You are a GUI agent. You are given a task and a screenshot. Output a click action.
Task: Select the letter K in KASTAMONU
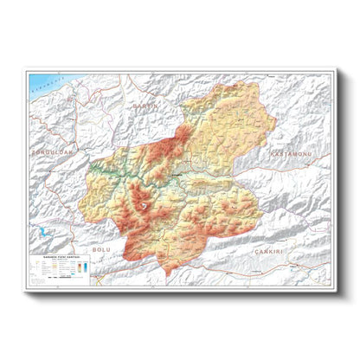tap(272, 153)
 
